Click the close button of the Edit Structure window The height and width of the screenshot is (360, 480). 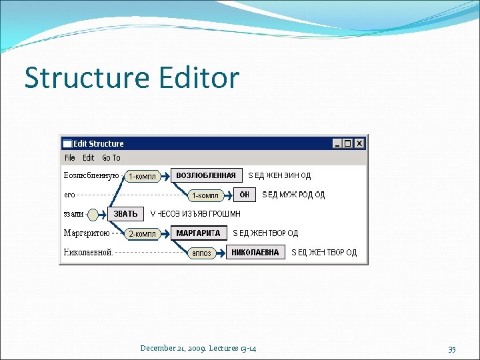coord(359,143)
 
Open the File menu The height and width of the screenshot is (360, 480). coord(70,158)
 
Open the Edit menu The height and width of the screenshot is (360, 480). coord(88,158)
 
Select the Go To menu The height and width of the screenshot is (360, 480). coord(111,158)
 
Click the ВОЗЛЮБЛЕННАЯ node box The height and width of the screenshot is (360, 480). coord(206,175)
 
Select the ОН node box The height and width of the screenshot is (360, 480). coord(245,195)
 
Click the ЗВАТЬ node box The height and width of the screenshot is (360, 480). coord(125,214)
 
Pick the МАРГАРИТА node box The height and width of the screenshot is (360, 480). coord(198,233)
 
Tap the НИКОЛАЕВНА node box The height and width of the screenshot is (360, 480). coord(256,253)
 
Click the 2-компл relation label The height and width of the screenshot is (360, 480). coord(142,234)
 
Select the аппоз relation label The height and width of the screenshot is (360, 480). coord(201,253)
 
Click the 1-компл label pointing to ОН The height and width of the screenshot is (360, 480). coord(205,195)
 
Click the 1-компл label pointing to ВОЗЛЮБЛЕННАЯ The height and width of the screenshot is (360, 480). coord(142,177)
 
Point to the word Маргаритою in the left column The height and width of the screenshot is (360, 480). coord(87,233)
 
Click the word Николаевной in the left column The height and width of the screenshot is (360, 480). coord(88,253)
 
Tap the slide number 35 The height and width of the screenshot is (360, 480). coord(451,348)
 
